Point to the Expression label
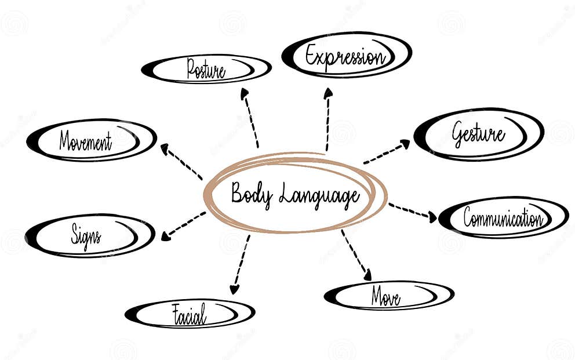(345, 57)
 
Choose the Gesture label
(478, 133)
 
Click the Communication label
(503, 218)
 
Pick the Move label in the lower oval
(385, 297)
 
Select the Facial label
(190, 315)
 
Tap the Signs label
(86, 235)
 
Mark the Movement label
(85, 141)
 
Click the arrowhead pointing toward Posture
(245, 93)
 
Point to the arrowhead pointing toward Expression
(328, 93)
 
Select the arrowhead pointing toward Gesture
(405, 143)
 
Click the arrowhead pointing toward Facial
(234, 289)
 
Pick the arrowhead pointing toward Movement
(165, 148)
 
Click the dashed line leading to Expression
(327, 125)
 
